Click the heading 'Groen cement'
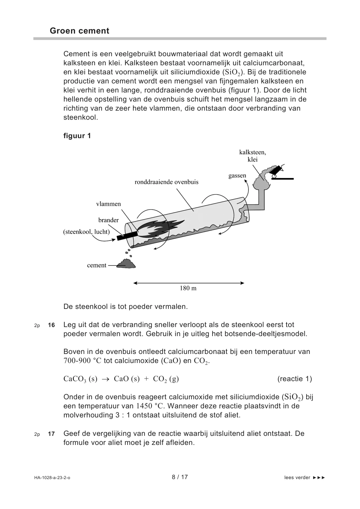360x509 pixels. tap(79, 31)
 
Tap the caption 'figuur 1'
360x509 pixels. tap(77, 136)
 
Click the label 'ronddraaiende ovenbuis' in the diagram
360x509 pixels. tap(166, 182)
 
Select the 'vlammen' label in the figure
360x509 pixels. tap(109, 204)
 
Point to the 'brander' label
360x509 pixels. tap(109, 220)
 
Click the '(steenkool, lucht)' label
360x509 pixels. tap(86, 232)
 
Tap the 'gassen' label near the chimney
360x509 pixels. tap(237, 176)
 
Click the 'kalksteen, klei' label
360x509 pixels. tap(252, 156)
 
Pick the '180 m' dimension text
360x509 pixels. tap(188, 288)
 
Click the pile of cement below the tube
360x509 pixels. tap(126, 264)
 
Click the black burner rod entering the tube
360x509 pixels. tap(127, 235)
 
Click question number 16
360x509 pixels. tap(51, 325)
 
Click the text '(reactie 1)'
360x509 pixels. tap(294, 379)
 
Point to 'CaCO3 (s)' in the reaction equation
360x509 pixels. tap(80, 379)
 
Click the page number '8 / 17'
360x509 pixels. tap(180, 477)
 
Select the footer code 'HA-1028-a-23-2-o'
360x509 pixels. tap(52, 478)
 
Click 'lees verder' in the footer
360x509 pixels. tap(297, 478)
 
